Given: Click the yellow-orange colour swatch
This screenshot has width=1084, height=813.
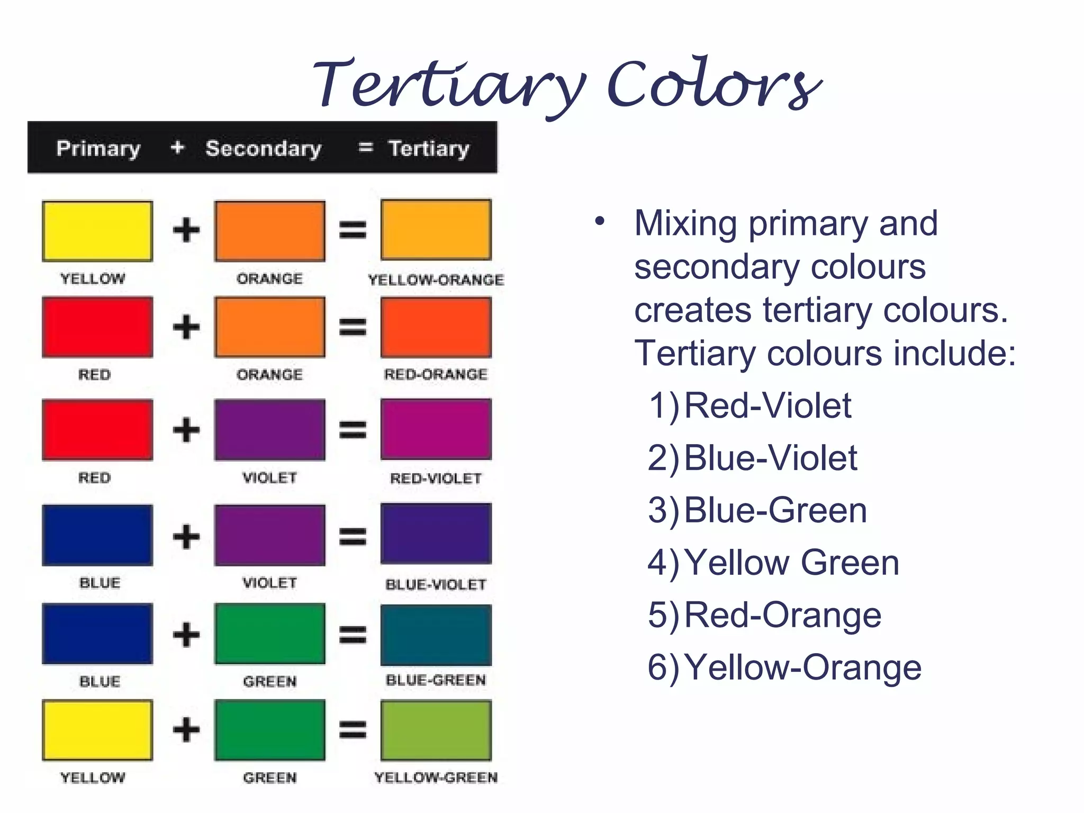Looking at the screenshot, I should pyautogui.click(x=436, y=230).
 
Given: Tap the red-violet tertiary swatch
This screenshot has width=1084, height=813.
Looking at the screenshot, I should pyautogui.click(x=436, y=429).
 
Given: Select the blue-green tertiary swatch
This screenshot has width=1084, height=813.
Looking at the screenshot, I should pyautogui.click(x=436, y=635).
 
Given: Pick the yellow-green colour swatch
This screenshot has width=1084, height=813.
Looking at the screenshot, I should pyautogui.click(x=436, y=730).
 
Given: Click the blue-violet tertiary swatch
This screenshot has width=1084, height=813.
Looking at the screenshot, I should pyautogui.click(x=436, y=534).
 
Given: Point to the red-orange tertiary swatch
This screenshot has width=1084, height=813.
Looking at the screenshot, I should pyautogui.click(x=436, y=327).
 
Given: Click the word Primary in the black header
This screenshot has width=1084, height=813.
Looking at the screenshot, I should pyautogui.click(x=98, y=149).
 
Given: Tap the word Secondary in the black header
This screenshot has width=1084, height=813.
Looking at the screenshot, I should pyautogui.click(x=263, y=149).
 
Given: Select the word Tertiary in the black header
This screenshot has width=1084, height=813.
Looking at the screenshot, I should pyautogui.click(x=429, y=149).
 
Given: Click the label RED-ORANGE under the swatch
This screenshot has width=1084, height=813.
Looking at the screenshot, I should pyautogui.click(x=436, y=374).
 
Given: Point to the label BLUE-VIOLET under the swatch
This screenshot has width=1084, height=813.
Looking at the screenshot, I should pyautogui.click(x=436, y=584).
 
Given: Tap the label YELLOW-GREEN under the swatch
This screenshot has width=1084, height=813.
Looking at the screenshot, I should pyautogui.click(x=436, y=778).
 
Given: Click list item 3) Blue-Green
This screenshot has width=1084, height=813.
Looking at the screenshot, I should pyautogui.click(x=757, y=511).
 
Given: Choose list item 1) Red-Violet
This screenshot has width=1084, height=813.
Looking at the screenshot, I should pyautogui.click(x=749, y=406).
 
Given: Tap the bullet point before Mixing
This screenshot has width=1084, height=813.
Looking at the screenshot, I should pyautogui.click(x=599, y=221).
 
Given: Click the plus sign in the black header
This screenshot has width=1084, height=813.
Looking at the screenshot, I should pyautogui.click(x=177, y=147).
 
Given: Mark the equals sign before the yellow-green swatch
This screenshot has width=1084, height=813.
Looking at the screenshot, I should pyautogui.click(x=353, y=730).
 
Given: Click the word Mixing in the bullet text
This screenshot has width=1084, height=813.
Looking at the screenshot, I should pyautogui.click(x=685, y=223).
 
